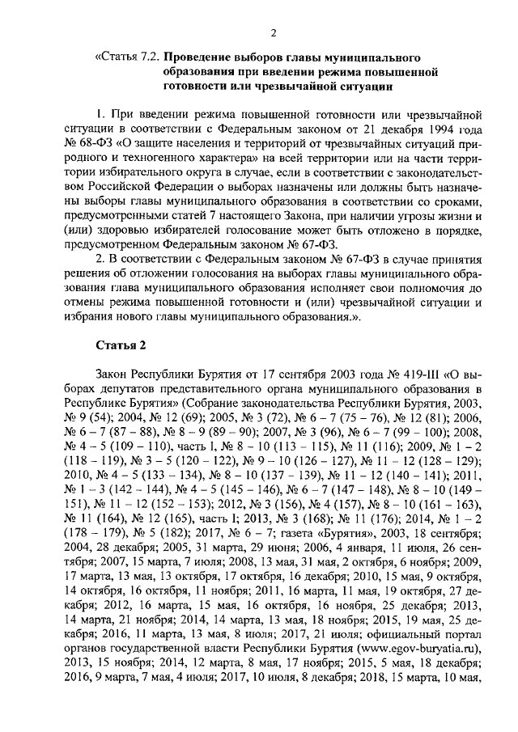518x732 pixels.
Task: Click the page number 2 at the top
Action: pos(274,32)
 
